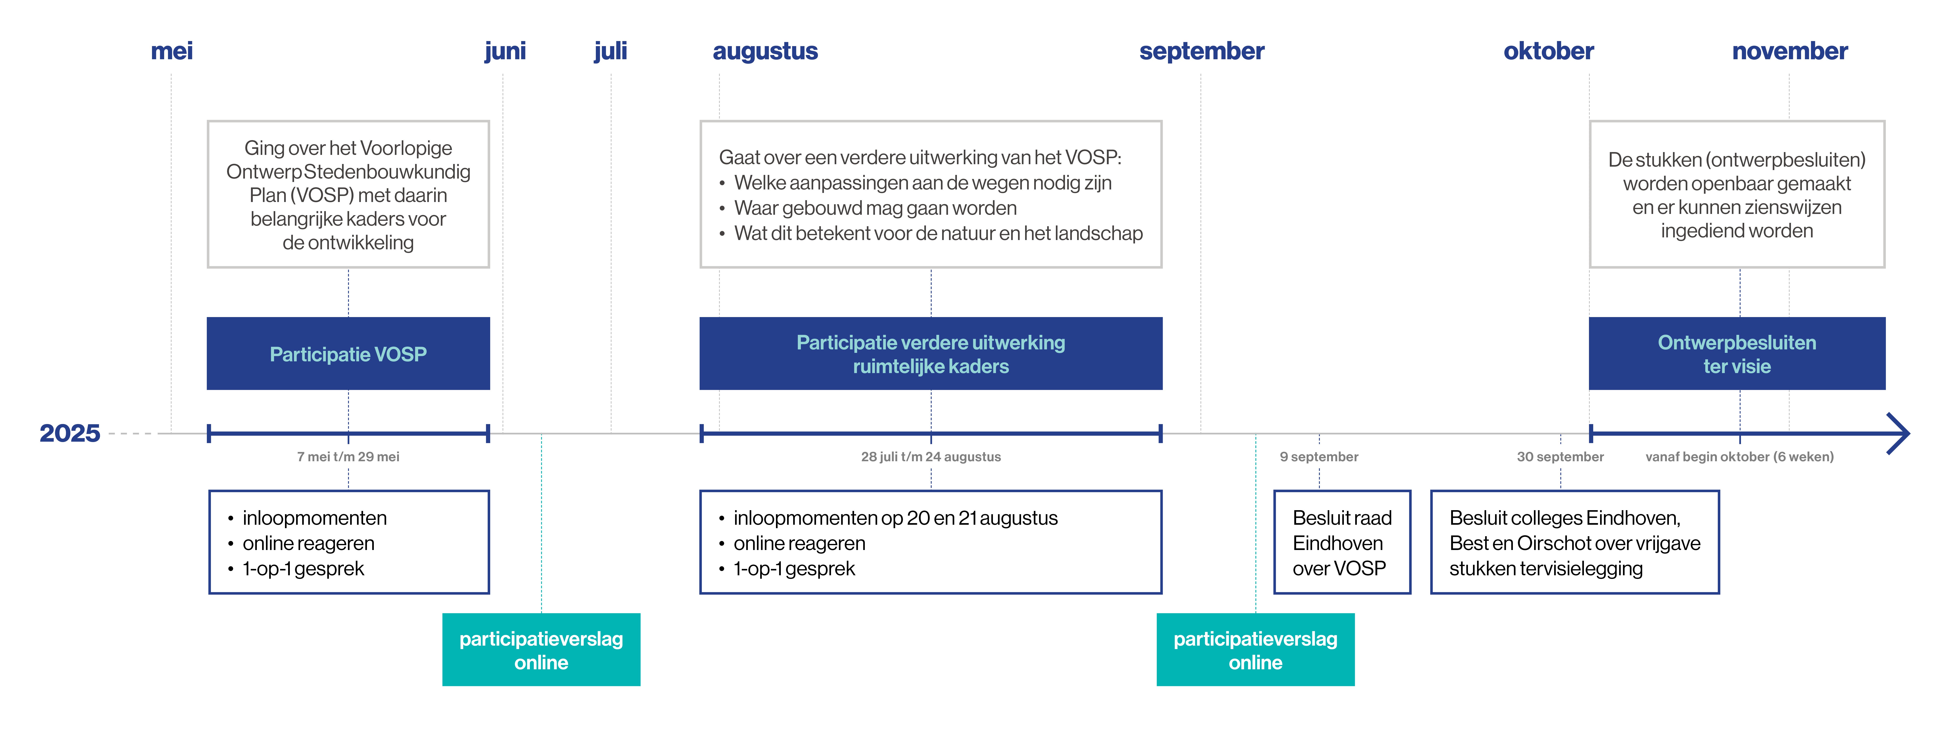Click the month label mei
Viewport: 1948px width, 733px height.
coord(172,51)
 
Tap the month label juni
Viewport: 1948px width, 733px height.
coord(505,51)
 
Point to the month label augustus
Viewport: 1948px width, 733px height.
coord(765,51)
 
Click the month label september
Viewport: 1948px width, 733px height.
coord(1202,51)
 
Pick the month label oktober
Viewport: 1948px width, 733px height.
coord(1549,51)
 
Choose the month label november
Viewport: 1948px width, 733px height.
coord(1790,51)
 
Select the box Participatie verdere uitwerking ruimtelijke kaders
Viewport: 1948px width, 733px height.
coord(931,354)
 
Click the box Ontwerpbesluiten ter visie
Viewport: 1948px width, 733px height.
coord(1737,354)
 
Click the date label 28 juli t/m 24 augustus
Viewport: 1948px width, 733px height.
coord(931,456)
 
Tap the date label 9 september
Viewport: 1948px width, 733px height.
coord(1319,456)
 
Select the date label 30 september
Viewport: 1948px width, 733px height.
coord(1560,456)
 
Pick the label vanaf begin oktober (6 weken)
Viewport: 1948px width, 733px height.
coord(1739,456)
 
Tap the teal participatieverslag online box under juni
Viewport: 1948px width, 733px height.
coord(541,650)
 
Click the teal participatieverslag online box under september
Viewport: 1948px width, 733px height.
coord(1255,650)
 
